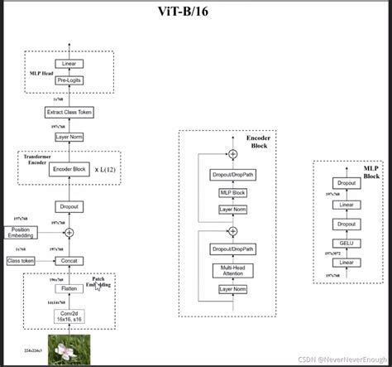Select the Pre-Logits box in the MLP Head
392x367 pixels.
coord(69,80)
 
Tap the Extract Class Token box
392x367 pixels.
coord(69,112)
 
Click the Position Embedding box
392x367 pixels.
coord(22,233)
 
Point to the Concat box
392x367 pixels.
coord(69,260)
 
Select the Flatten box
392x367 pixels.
coord(69,289)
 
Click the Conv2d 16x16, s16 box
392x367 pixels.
coord(69,316)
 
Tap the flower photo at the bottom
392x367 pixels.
coord(69,348)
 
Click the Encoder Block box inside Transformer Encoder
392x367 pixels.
coord(69,169)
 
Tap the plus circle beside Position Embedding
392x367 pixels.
coord(69,233)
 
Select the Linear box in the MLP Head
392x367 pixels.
coord(69,64)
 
